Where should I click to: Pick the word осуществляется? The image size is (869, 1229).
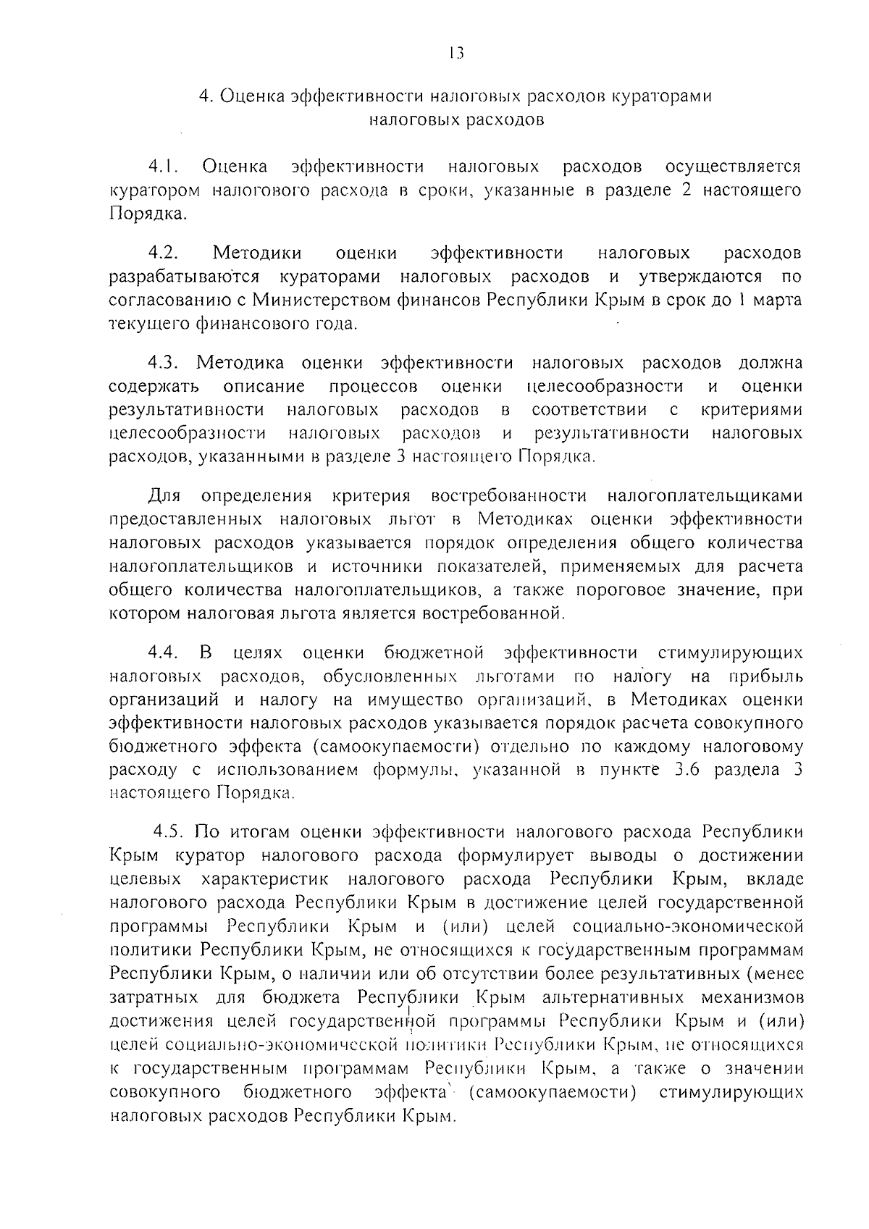tap(733, 167)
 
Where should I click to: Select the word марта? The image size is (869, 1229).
tap(778, 300)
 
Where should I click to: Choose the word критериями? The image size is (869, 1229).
tap(752, 410)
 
